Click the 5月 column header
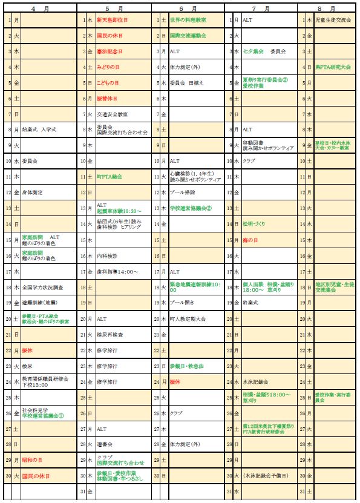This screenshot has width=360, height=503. [114, 8]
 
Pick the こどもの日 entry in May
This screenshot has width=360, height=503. [108, 82]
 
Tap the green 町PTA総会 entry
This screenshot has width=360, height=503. [110, 177]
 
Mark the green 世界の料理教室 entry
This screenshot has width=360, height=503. [188, 20]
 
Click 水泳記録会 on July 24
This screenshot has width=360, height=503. [255, 382]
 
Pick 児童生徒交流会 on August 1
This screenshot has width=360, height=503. [333, 20]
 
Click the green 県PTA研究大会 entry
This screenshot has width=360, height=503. [333, 67]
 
